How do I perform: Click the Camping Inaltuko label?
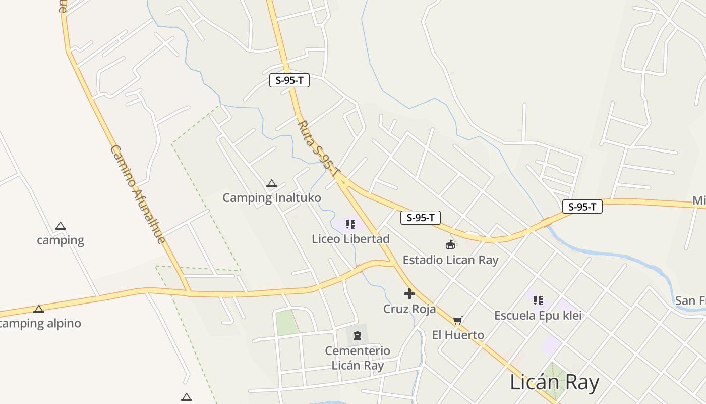coord(271,197)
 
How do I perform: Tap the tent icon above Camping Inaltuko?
coord(272,183)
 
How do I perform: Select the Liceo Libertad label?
coord(350,239)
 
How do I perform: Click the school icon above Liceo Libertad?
coord(350,224)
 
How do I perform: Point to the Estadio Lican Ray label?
coord(450,260)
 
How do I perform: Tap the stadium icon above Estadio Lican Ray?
coord(450,245)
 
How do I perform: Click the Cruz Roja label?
coord(409,309)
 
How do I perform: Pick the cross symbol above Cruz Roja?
coord(409,293)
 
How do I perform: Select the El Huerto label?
coord(458,335)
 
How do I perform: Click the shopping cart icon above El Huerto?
coord(458,320)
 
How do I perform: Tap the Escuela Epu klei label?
coord(538,316)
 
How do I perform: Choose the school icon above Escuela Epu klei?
coord(538,300)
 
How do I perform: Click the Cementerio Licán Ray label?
coord(358,358)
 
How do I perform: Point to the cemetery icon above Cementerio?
coord(358,335)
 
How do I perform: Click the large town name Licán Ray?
coord(554,382)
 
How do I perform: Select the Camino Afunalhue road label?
coord(138,194)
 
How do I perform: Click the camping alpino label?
coord(40,323)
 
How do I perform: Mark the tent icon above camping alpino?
coord(39,309)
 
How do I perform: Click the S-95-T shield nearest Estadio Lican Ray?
coord(421,218)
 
